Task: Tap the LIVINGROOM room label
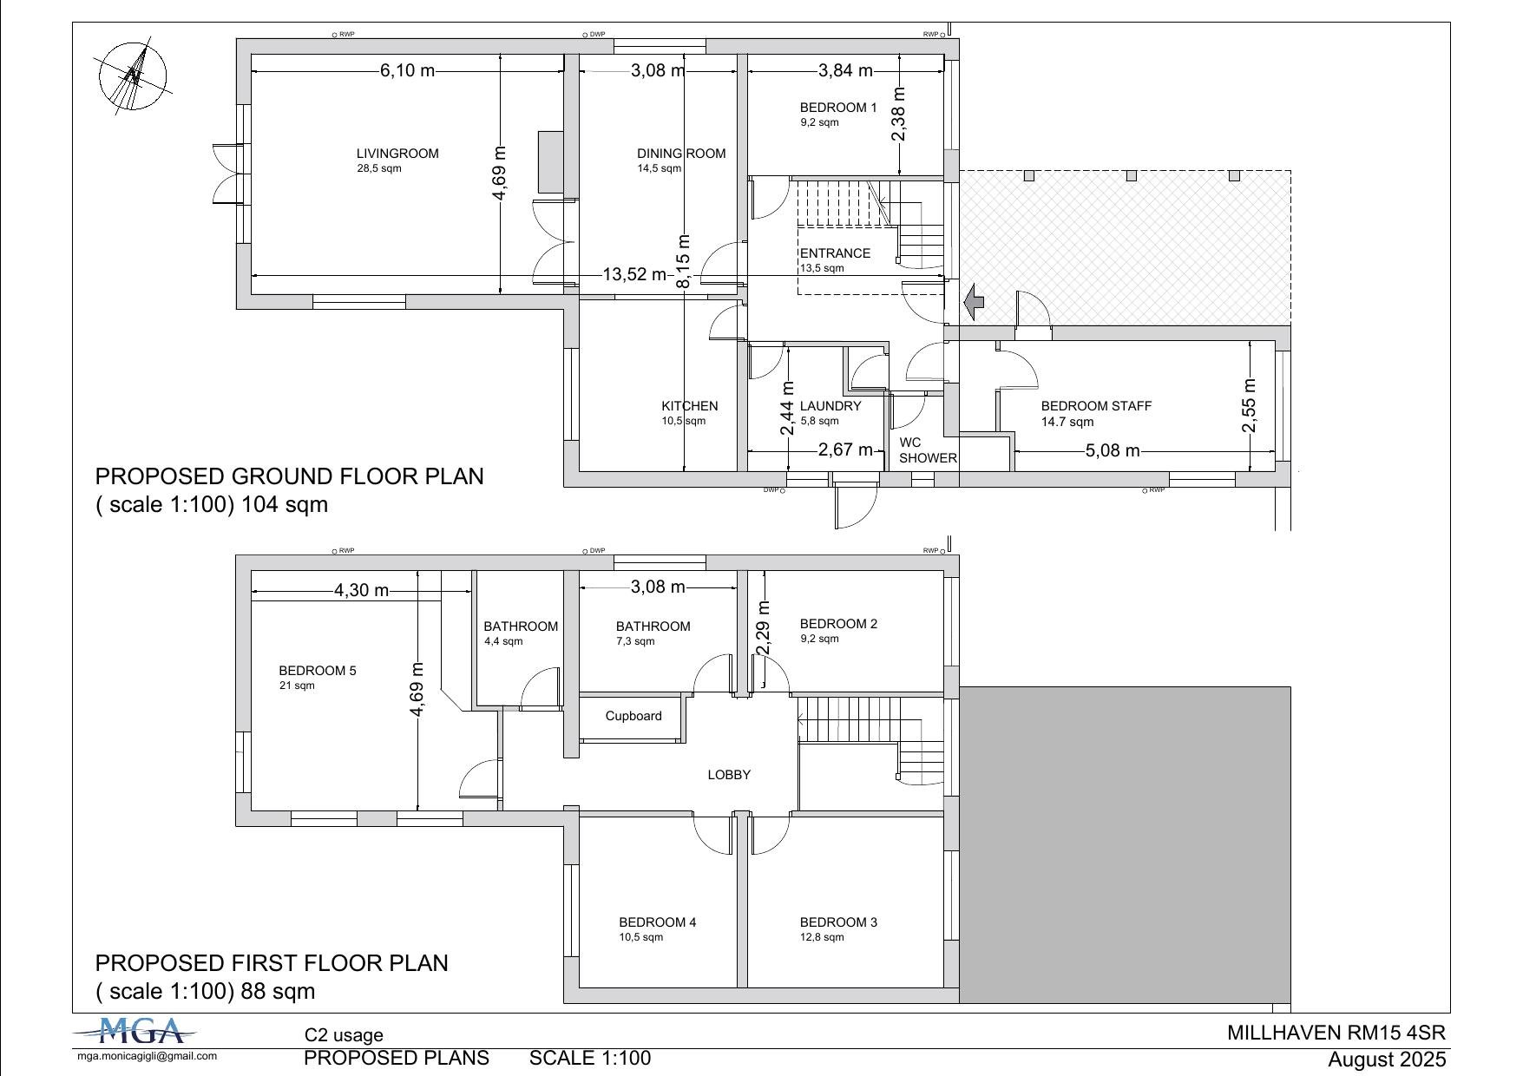pyautogui.click(x=397, y=154)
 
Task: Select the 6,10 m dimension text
pyautogui.click(x=407, y=70)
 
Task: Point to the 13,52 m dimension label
pyautogui.click(x=634, y=275)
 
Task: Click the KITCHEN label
pyautogui.click(x=690, y=406)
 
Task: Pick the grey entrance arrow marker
pyautogui.click(x=974, y=301)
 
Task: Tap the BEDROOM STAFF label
pyautogui.click(x=1096, y=406)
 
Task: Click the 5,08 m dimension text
pyautogui.click(x=1113, y=451)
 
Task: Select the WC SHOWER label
pyautogui.click(x=928, y=450)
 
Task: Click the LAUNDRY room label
pyautogui.click(x=830, y=406)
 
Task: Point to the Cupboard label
pyautogui.click(x=633, y=716)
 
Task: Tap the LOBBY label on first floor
pyautogui.click(x=729, y=775)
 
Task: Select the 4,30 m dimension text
pyautogui.click(x=362, y=590)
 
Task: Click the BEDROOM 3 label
pyautogui.click(x=838, y=922)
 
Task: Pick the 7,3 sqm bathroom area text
pyautogui.click(x=635, y=641)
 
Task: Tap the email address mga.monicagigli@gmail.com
pyautogui.click(x=148, y=1056)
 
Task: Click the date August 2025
pyautogui.click(x=1387, y=1060)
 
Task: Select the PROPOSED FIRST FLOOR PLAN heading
pyautogui.click(x=272, y=963)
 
